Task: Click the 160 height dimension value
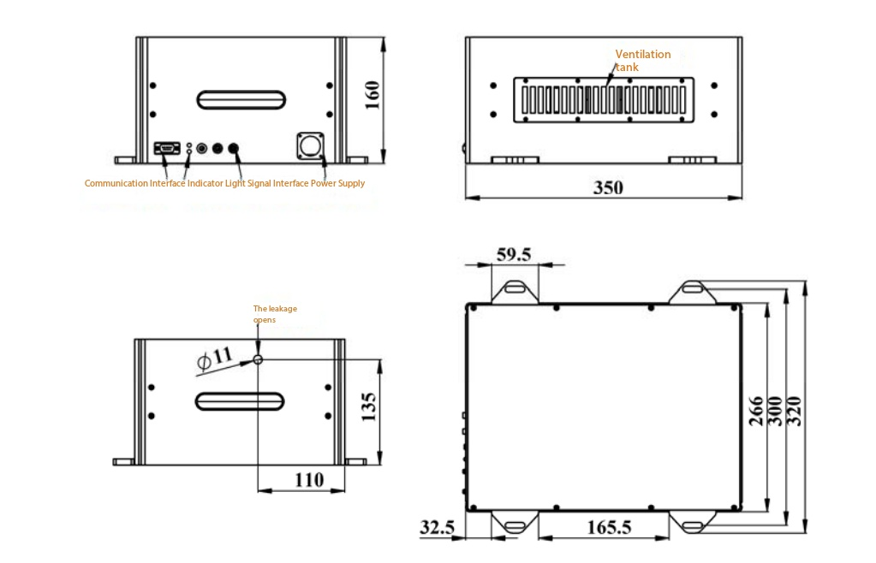coord(372,96)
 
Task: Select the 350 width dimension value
coord(608,187)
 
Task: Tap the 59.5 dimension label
coord(514,254)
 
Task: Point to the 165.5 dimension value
coord(609,527)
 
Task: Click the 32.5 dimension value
coord(437,527)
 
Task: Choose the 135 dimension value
coord(369,406)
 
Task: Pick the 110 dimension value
coord(309,480)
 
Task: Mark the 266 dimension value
coord(756,412)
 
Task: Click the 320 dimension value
coord(794,412)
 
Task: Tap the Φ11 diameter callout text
coord(215,359)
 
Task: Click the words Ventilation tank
coord(642,60)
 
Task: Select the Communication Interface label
coord(134,183)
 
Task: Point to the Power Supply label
coord(337,183)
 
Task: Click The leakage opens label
coord(275,314)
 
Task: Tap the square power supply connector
coord(310,145)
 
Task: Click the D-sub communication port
coord(167,148)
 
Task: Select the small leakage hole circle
coord(258,360)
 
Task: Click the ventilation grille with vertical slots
coord(604,100)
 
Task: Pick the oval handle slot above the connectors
coord(241,100)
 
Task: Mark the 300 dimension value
coord(775,412)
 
